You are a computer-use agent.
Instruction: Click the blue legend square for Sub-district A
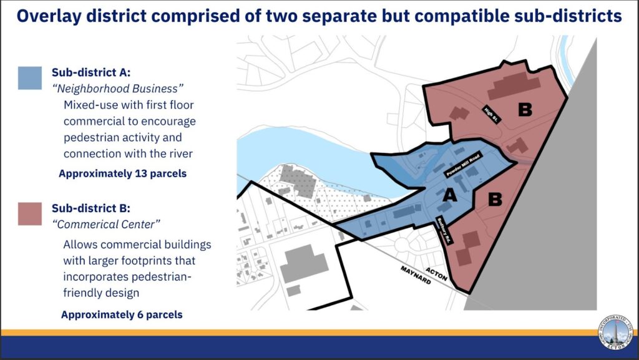[x=30, y=78]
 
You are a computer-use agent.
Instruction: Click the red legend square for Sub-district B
[x=30, y=213]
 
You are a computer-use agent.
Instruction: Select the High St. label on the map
[x=490, y=114]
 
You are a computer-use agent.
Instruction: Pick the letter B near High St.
[x=525, y=110]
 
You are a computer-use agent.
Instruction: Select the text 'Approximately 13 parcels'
[x=122, y=173]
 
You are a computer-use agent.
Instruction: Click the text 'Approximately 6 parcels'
[x=122, y=314]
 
